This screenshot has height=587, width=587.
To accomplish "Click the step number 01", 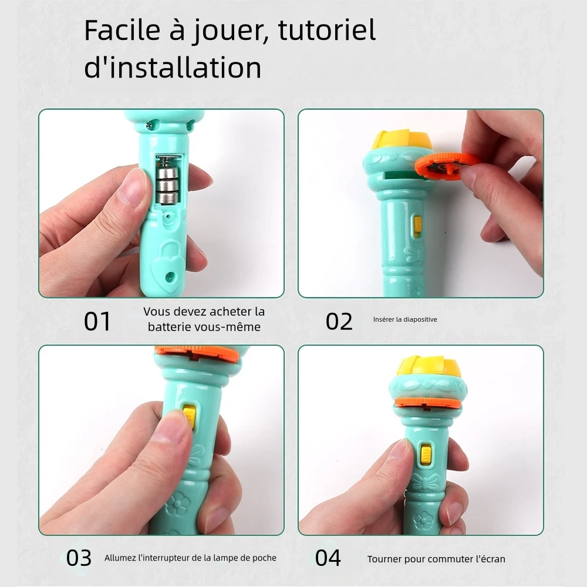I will (97, 321).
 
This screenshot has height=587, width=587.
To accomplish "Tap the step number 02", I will (339, 321).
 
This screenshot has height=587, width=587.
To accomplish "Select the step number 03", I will (79, 558).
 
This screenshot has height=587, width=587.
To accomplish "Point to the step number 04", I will (328, 558).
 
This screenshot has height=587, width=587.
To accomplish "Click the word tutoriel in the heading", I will (326, 31).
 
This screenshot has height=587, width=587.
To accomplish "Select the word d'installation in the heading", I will (173, 68).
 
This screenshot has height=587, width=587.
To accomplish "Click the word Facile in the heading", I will (122, 31).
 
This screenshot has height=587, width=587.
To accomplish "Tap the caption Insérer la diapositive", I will (405, 320).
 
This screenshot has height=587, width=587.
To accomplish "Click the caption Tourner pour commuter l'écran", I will (436, 559).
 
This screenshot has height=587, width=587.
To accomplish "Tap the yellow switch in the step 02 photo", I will (417, 226).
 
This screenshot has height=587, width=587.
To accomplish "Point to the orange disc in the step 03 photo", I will (197, 353).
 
